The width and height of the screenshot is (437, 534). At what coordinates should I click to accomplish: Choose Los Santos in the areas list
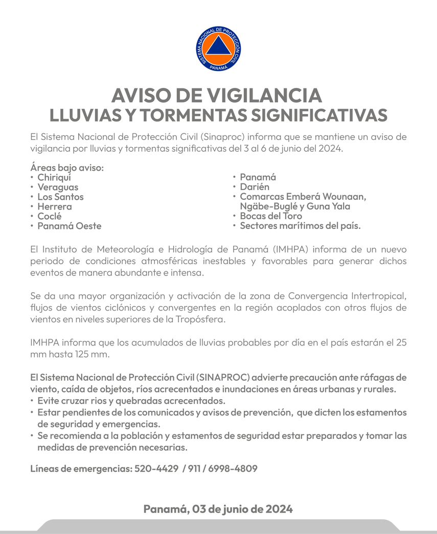(x=60, y=197)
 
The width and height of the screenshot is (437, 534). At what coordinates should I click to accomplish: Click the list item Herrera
(x=55, y=206)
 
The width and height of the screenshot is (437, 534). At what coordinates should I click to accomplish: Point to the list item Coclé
(x=50, y=216)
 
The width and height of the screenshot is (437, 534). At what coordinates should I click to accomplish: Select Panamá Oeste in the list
(x=70, y=226)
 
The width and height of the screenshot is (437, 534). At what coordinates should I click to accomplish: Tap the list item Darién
(x=255, y=187)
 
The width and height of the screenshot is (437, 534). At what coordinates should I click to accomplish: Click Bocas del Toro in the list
(x=271, y=216)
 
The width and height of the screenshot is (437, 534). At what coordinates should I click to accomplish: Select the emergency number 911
(x=194, y=468)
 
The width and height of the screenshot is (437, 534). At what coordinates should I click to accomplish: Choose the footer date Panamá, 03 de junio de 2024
(x=218, y=509)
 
